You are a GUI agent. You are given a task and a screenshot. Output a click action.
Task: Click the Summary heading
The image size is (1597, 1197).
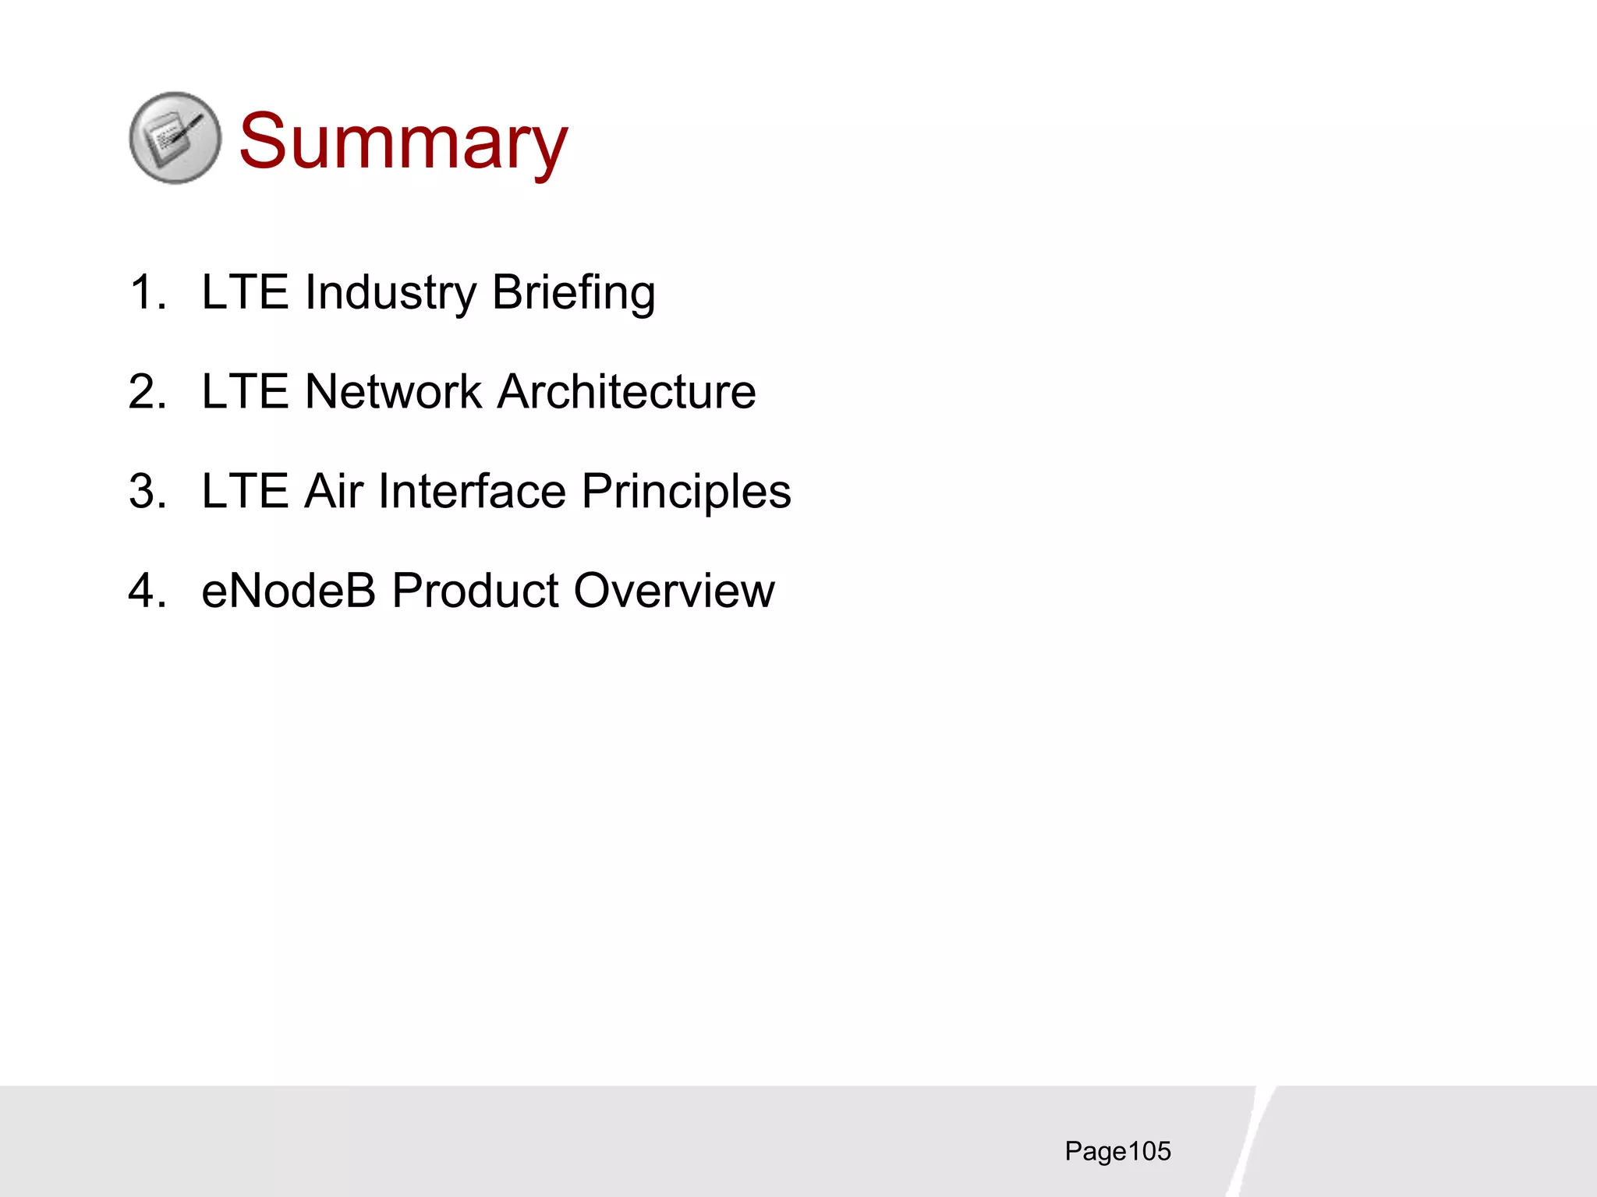coord(403,141)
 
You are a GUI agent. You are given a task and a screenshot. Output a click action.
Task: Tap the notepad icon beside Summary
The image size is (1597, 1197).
coord(175,139)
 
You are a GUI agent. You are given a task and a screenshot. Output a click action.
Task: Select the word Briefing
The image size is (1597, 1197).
coord(573,294)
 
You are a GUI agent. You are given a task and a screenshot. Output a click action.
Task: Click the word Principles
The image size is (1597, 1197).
coord(686,493)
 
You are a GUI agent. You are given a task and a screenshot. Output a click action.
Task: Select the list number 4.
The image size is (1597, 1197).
coord(147,591)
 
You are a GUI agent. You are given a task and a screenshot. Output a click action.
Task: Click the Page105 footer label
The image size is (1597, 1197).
coord(1117,1152)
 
